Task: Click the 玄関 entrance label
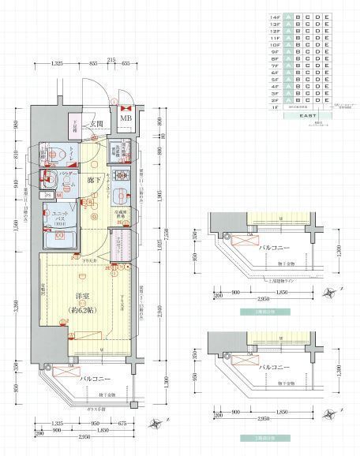pos(98,123)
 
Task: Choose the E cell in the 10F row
pos(328,47)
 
